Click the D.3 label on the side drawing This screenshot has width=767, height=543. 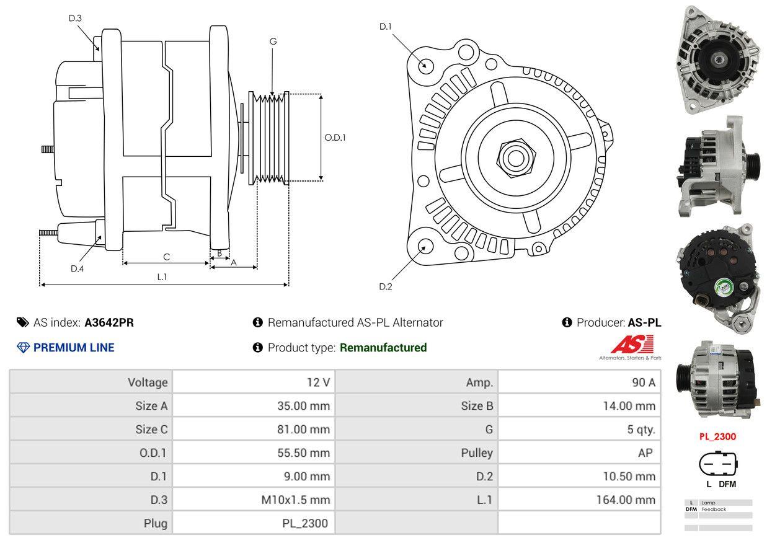coord(75,18)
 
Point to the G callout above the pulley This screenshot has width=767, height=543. coord(273,42)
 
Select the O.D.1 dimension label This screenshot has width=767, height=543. coord(335,138)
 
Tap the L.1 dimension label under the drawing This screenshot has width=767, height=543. coord(162,277)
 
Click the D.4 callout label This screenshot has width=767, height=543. coord(77,268)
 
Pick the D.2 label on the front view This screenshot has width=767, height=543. coord(386,286)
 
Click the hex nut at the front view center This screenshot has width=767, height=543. coord(513,156)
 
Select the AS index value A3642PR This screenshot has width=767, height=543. coord(109,322)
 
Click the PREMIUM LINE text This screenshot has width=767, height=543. coord(74,348)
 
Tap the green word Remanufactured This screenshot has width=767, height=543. coord(383,348)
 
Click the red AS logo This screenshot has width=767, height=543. coord(632,345)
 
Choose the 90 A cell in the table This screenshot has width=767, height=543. coord(643,382)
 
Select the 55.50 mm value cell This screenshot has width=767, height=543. coord(303,453)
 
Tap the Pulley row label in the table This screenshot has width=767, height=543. coord(477,453)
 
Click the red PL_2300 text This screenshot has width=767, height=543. coord(717,436)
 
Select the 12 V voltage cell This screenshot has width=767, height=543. coord(318,382)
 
